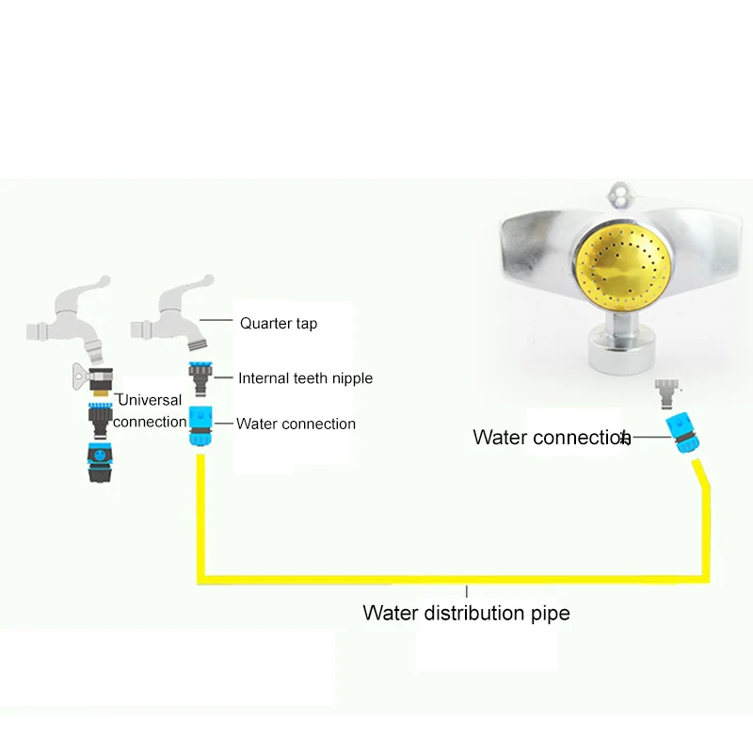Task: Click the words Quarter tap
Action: [x=278, y=324]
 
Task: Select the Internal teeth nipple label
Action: [x=305, y=378]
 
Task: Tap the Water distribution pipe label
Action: [x=466, y=614]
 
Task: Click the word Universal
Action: [x=150, y=400]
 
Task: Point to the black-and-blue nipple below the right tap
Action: [x=200, y=377]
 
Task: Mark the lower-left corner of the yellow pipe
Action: [x=200, y=576]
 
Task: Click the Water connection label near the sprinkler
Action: [x=551, y=438]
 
